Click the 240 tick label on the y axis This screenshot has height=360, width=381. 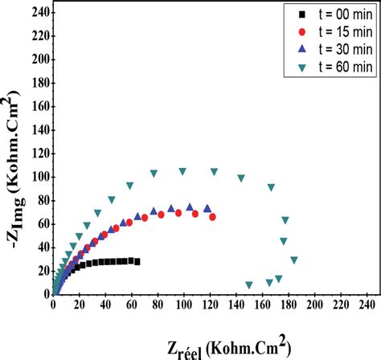tap(37, 12)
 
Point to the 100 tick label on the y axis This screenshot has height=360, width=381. tap(37, 177)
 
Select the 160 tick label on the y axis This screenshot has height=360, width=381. tap(37, 106)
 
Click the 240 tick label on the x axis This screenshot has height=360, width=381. tap(367, 306)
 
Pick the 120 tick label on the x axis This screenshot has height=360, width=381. tap(211, 306)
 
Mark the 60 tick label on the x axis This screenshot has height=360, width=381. tap(132, 306)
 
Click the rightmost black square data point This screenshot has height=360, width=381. tap(137, 261)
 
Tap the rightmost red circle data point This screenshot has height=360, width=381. tap(213, 217)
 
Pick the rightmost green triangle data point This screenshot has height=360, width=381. tap(294, 260)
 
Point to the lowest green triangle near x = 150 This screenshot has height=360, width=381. tap(249, 284)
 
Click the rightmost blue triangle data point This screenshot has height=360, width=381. tap(207, 208)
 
